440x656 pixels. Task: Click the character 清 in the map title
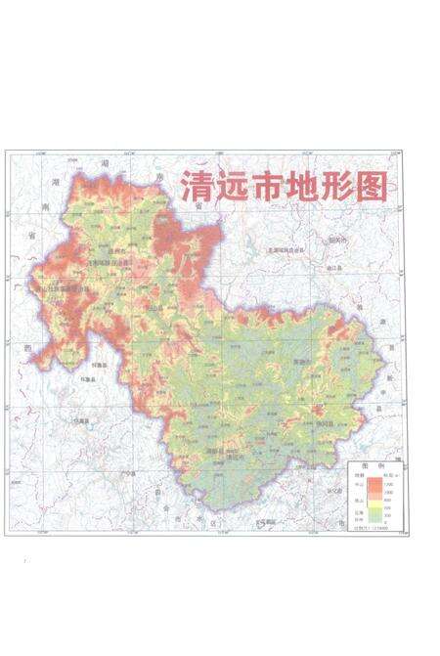coord(193,188)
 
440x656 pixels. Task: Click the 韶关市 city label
coord(336,240)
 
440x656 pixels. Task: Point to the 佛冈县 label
coord(326,421)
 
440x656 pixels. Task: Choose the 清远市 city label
coord(235,458)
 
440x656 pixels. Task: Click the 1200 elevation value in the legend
coord(391,483)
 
